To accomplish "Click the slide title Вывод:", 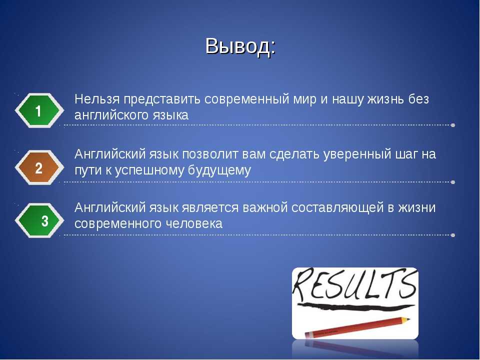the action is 240,46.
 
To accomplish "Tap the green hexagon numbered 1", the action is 39,110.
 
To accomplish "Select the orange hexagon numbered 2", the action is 39,167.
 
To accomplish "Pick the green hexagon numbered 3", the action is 39,220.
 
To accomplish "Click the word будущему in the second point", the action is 219,170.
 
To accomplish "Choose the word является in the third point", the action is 210,208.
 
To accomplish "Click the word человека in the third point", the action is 194,224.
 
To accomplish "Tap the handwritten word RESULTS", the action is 355,284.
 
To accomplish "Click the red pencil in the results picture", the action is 357,327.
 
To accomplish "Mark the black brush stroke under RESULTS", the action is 355,306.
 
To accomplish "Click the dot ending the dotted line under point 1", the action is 453,125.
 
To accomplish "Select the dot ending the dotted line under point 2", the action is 453,182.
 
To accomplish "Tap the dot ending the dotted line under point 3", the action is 453,235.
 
